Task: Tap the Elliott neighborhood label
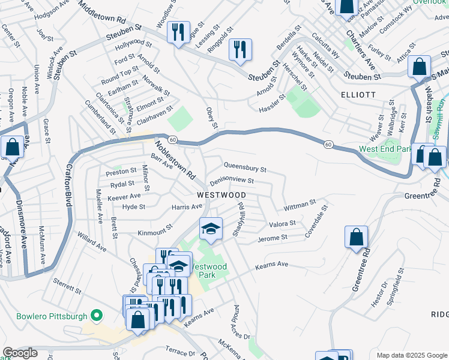point(358,95)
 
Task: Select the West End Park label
point(385,149)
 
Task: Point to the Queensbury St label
point(245,166)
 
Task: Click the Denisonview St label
point(232,181)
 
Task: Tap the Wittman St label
point(300,205)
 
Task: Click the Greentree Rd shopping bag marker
point(357,237)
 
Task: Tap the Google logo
point(20,353)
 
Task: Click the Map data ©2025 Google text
point(411,355)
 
